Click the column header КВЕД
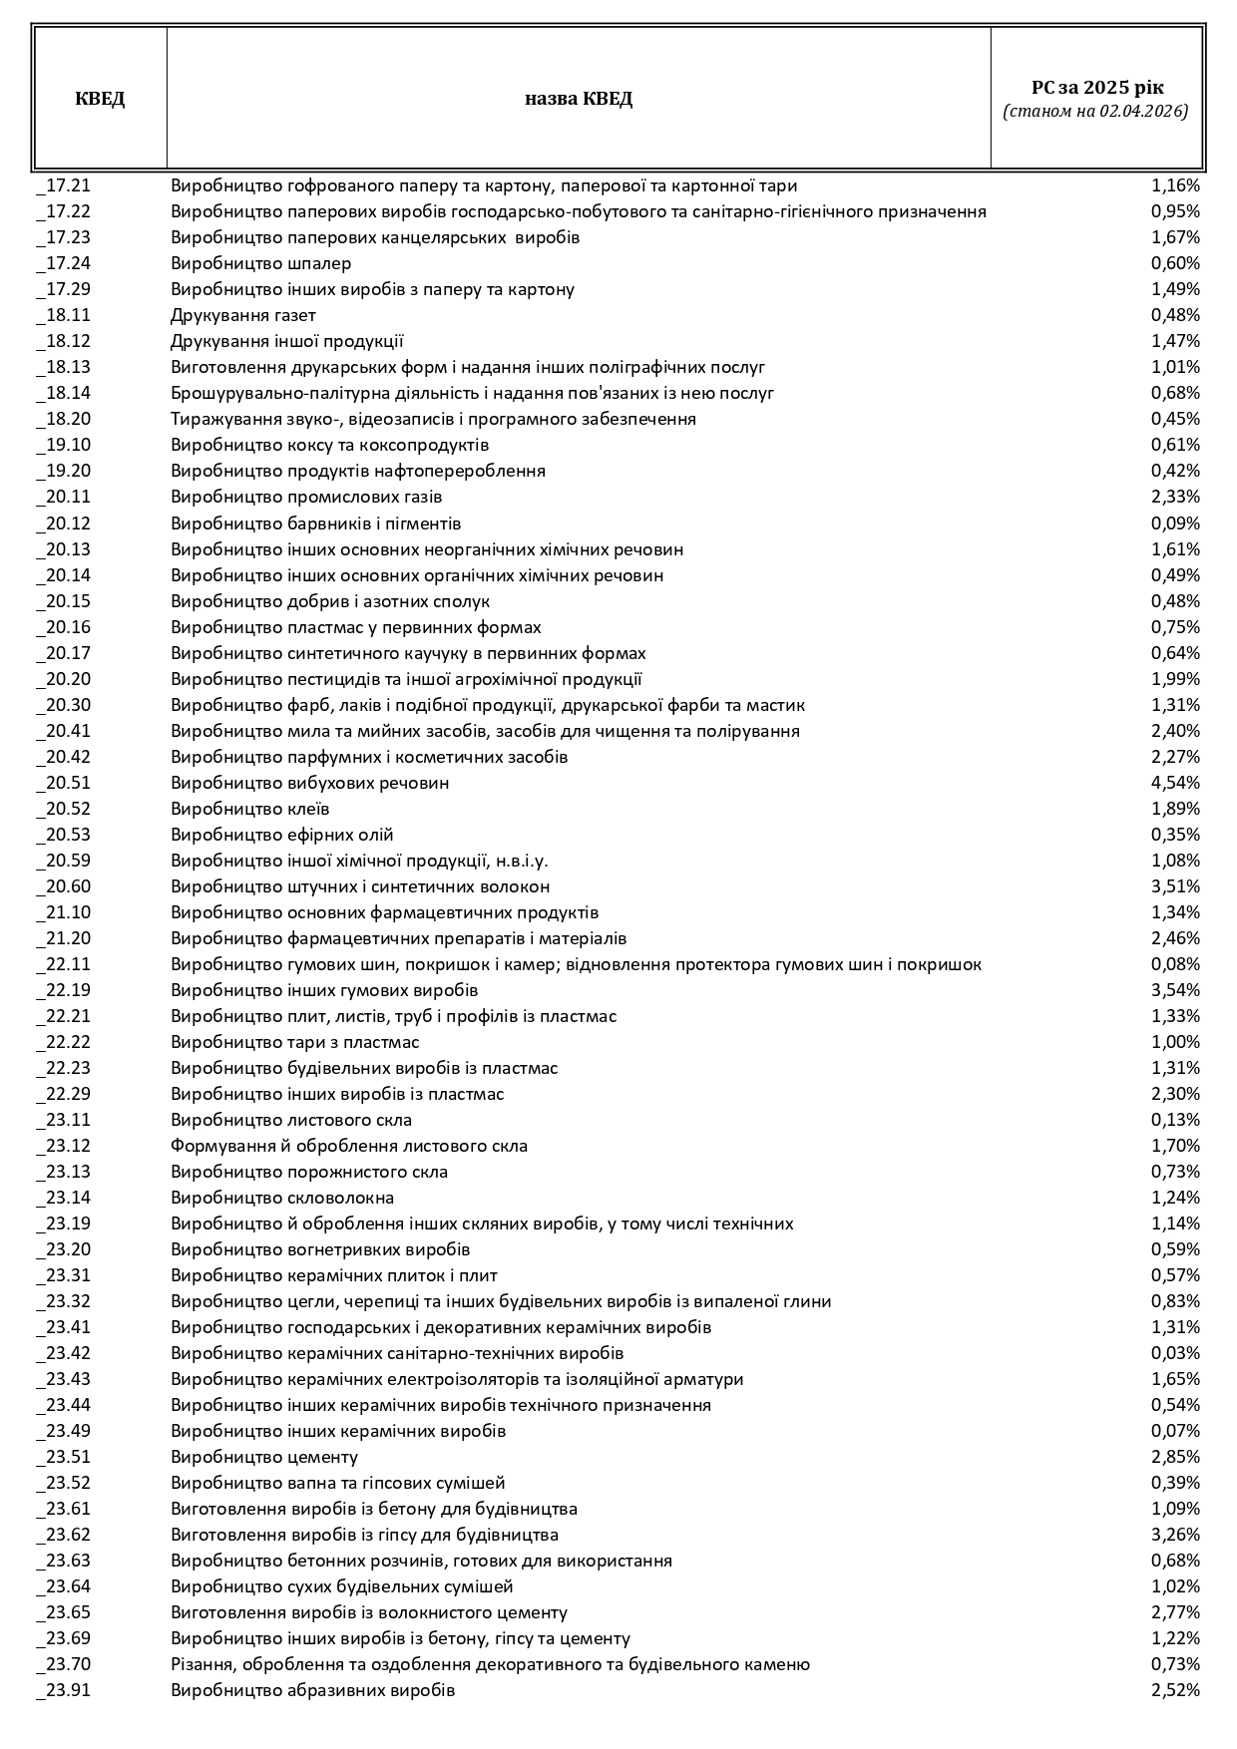pyautogui.click(x=100, y=99)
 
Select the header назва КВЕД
pyautogui.click(x=579, y=99)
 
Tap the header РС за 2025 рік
pyautogui.click(x=1096, y=88)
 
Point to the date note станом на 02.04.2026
pyautogui.click(x=1096, y=112)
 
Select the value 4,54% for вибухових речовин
pyautogui.click(x=1175, y=783)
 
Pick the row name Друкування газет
pyautogui.click(x=243, y=315)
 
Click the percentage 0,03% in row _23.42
pyautogui.click(x=1175, y=1353)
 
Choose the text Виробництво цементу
pyautogui.click(x=264, y=1457)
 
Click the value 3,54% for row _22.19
pyautogui.click(x=1175, y=990)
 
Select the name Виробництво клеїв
pyautogui.click(x=250, y=809)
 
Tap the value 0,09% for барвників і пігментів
pyautogui.click(x=1175, y=524)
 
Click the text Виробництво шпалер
pyautogui.click(x=261, y=263)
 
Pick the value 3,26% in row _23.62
pyautogui.click(x=1175, y=1535)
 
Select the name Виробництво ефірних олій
pyautogui.click(x=282, y=835)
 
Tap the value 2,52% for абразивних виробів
pyautogui.click(x=1175, y=1690)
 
